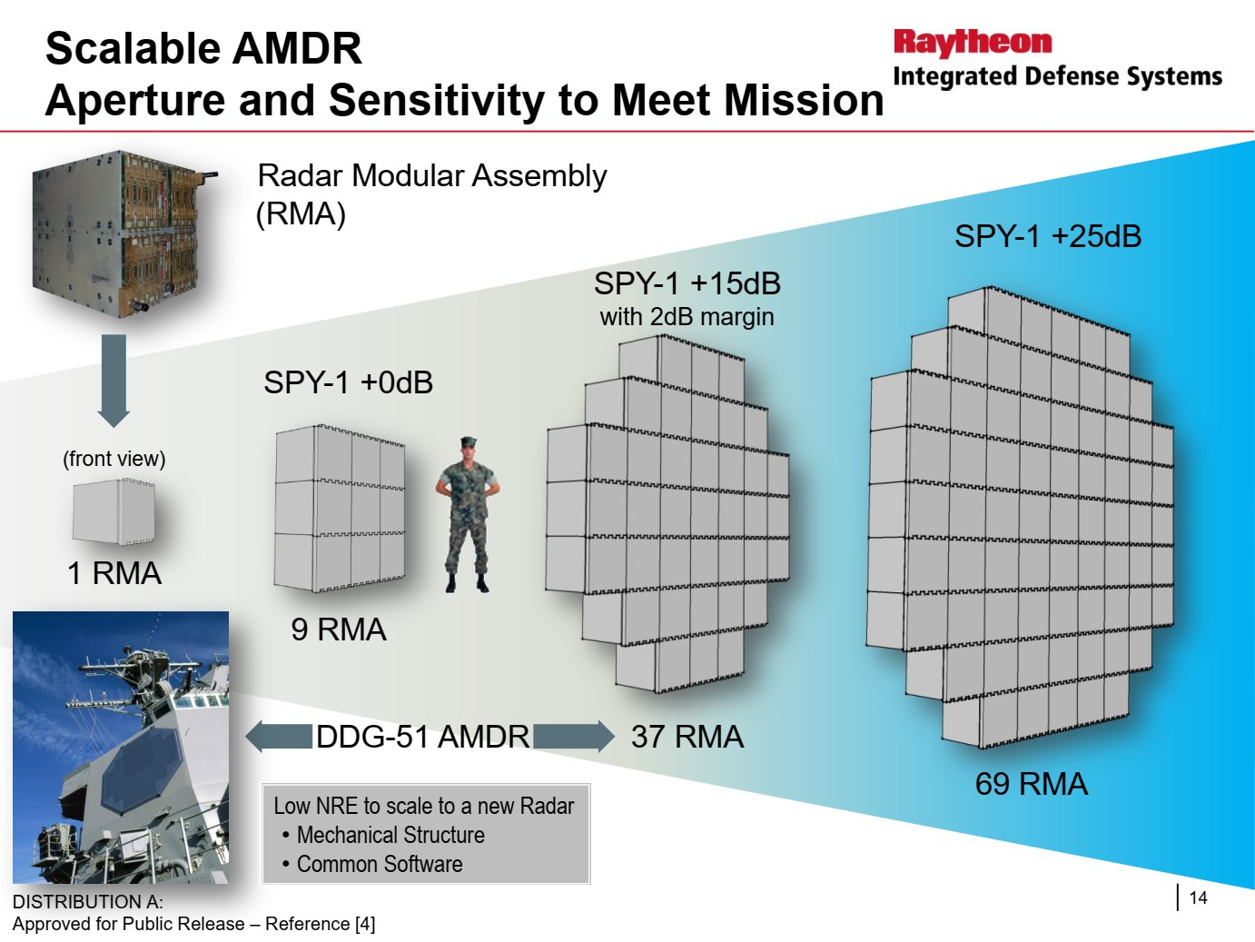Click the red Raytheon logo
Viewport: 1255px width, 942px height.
coord(973,44)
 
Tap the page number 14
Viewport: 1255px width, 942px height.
coord(1198,897)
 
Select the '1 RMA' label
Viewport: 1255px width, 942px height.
coord(114,573)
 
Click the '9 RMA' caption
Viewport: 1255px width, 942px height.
coord(339,630)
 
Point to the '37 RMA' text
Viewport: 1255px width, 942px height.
coord(687,736)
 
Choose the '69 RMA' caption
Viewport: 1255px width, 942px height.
coord(1032,784)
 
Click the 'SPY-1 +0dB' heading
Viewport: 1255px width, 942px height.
coord(348,382)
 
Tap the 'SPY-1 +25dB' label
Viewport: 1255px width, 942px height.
coord(1048,236)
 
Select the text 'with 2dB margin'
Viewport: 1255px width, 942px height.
coord(687,317)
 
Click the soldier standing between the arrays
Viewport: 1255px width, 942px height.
coord(468,514)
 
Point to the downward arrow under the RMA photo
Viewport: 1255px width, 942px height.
coord(114,381)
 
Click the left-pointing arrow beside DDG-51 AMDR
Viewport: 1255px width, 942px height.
coord(279,736)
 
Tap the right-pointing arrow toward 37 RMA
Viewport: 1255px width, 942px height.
coord(574,736)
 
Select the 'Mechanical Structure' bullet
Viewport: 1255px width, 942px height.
coord(390,835)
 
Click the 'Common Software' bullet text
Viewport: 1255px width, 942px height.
coord(380,864)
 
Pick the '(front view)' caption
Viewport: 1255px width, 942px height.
coord(114,459)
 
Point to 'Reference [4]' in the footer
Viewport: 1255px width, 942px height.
coord(321,924)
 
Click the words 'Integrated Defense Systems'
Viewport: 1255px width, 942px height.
coord(1058,76)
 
